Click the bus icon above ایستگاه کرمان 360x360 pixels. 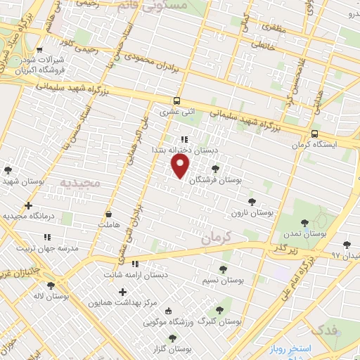(314, 132)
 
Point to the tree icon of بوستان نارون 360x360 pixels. (252, 202)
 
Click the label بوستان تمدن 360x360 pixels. (307, 232)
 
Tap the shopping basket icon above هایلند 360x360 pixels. (108, 214)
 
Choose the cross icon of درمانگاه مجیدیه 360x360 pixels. (28, 205)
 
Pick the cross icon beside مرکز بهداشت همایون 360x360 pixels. (123, 292)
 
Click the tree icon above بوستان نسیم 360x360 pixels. (223, 269)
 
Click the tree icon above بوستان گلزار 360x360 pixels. (172, 338)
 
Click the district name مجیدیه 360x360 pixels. (80, 183)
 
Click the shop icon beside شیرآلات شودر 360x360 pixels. (39, 49)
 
